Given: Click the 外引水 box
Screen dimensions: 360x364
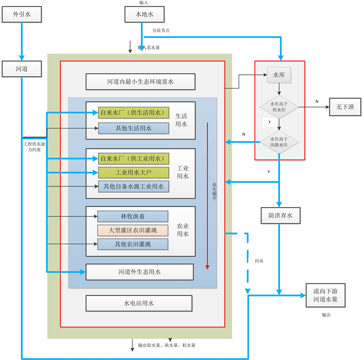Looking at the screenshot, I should pos(21,14).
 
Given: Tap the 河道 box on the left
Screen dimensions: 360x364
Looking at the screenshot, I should pos(21,69).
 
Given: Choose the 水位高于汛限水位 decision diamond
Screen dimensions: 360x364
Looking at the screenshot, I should pos(279,141).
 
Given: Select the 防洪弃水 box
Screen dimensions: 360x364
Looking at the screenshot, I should pos(280,215).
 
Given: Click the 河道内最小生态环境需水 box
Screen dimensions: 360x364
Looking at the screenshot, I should pos(140,81).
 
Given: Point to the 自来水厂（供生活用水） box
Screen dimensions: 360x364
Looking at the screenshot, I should pos(133,113).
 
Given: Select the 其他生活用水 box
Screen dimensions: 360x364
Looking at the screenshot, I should pos(133,128).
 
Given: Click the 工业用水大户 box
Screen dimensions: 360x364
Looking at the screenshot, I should pos(133,173).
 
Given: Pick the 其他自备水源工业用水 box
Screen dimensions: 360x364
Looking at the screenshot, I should pos(133,186).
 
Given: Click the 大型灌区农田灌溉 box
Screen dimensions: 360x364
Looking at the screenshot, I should pos(133,230).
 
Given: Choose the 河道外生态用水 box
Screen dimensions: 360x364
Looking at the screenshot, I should pos(140,272).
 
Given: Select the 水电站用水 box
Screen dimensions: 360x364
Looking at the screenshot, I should pos(139,303).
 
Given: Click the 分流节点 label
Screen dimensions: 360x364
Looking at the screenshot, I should pos(161,30).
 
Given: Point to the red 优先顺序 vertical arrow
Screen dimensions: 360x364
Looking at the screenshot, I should pos(207,195).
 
